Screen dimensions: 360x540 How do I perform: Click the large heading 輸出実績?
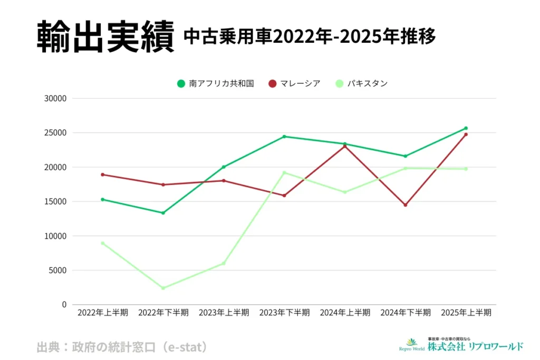click(x=105, y=37)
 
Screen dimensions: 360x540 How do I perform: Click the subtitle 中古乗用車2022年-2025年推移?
click(x=310, y=36)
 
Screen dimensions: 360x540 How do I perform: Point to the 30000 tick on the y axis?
click(x=56, y=99)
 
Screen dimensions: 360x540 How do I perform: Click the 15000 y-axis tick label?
click(x=56, y=201)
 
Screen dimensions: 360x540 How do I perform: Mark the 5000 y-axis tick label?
click(x=59, y=270)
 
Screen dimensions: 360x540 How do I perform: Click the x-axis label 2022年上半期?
click(x=102, y=313)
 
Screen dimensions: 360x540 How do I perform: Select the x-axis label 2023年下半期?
click(x=284, y=313)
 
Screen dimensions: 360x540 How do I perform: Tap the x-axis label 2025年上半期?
click(x=466, y=313)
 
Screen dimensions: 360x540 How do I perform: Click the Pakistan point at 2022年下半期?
click(x=163, y=288)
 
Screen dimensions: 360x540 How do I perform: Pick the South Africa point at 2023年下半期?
click(x=284, y=137)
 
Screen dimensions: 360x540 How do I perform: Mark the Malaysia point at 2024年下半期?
click(x=406, y=205)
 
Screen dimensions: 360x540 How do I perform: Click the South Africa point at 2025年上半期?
click(x=466, y=128)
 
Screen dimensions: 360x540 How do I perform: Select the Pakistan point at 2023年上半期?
click(x=224, y=263)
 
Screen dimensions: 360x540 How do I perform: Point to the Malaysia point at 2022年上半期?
click(x=102, y=174)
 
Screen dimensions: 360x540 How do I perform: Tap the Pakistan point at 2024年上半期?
click(x=345, y=192)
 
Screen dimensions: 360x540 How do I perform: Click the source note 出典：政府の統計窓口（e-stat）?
click(x=122, y=347)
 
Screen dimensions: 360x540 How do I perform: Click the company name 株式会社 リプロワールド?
click(x=475, y=346)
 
